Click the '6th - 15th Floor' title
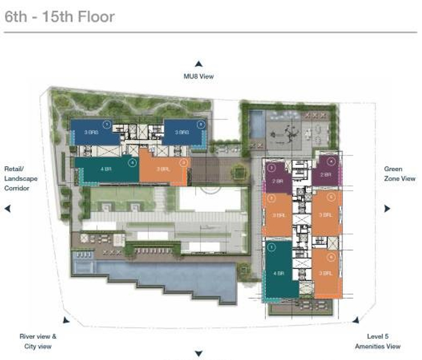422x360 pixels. click(59, 16)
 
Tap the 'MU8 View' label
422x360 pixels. click(198, 76)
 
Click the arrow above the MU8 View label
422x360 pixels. click(198, 64)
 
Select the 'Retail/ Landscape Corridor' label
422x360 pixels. click(17, 179)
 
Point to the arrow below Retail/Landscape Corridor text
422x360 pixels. click(8, 208)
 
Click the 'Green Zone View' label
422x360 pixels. click(399, 174)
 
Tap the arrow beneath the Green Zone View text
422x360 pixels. click(387, 208)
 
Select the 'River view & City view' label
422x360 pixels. click(38, 341)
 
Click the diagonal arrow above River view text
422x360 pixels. click(66, 321)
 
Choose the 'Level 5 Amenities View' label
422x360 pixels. click(377, 341)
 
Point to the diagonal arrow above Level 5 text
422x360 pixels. click(356, 320)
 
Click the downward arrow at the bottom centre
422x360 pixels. click(198, 354)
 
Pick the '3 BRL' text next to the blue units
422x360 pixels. click(163, 169)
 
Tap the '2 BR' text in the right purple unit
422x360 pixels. click(325, 175)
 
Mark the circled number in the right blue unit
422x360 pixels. click(201, 125)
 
